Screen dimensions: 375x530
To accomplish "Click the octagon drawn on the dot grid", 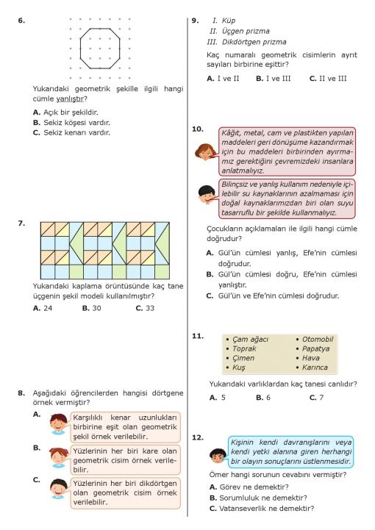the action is (80, 49).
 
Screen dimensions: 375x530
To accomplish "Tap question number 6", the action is (21, 21).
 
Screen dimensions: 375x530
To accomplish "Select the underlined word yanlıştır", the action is (70, 99).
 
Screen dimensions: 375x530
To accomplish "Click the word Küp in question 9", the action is (229, 21).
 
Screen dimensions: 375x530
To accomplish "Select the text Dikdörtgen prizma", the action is (254, 42).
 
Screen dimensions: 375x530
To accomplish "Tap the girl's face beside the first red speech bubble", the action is (204, 152).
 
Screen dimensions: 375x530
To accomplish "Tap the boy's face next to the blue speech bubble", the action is (218, 456).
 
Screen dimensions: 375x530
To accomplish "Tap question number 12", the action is (198, 437).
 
